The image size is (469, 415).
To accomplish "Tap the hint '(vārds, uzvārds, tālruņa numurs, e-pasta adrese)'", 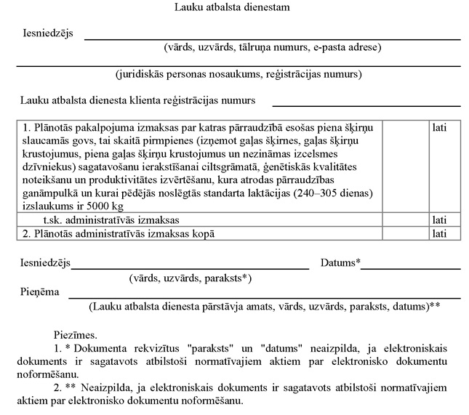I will click(x=272, y=48).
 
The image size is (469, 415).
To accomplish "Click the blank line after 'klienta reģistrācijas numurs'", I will click(x=366, y=105).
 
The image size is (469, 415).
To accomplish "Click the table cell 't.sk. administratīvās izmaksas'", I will click(x=111, y=219).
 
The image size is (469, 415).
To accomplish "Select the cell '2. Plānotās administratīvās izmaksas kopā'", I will click(x=119, y=233).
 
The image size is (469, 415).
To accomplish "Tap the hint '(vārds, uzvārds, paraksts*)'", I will click(x=190, y=278).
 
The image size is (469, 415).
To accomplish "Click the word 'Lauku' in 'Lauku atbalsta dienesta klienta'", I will click(x=35, y=100).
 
